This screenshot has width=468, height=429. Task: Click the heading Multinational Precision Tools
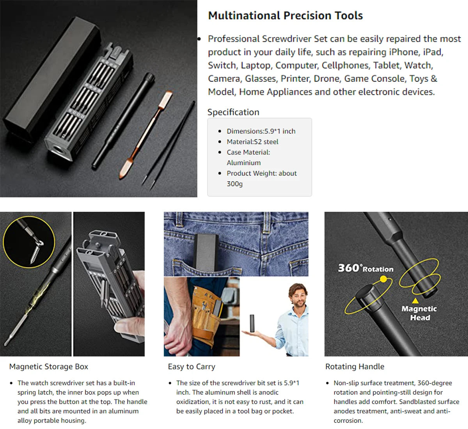[x=285, y=16]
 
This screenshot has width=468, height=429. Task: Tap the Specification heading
[x=233, y=112]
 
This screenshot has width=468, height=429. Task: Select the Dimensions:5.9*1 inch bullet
[x=261, y=131]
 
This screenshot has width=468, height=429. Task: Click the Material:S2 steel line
[x=252, y=142]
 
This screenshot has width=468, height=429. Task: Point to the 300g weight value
[x=235, y=184]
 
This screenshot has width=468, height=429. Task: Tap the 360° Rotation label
[x=365, y=268]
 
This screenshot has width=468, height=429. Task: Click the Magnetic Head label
[x=419, y=313]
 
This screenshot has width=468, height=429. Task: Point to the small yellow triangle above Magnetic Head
[x=415, y=300]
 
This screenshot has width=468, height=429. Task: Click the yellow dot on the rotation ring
[x=383, y=279]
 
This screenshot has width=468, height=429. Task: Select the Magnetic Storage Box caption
[x=49, y=367]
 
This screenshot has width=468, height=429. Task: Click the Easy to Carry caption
[x=191, y=367]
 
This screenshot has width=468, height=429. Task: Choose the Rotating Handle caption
[x=355, y=367]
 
